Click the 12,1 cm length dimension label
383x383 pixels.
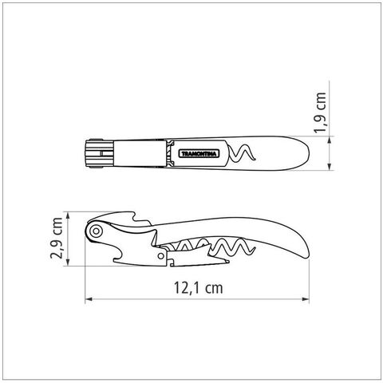[198, 288]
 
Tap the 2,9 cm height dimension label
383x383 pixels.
[57, 239]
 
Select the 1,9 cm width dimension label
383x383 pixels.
[320, 113]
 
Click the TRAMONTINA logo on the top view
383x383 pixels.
[199, 153]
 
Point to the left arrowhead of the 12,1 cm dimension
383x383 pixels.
[89, 299]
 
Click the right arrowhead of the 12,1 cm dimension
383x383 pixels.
[306, 299]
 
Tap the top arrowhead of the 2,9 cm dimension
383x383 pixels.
[68, 215]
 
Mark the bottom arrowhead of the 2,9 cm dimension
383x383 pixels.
[68, 263]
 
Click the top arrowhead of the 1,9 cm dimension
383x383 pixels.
[330, 140]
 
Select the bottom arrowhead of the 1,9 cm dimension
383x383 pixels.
[330, 167]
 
